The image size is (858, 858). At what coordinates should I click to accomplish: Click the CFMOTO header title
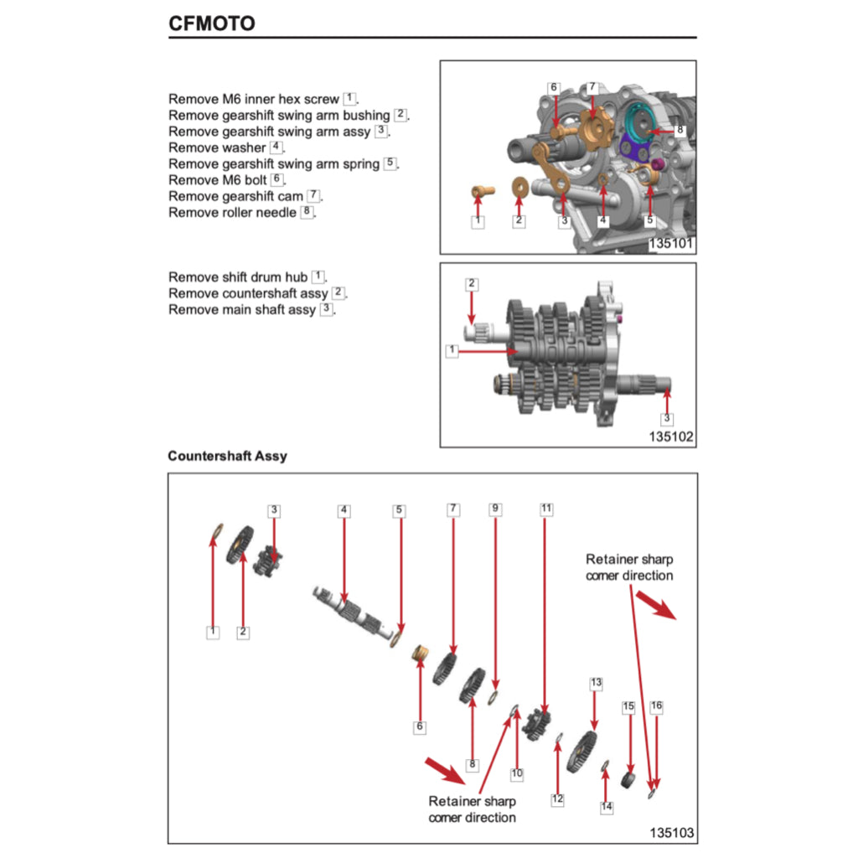click(212, 23)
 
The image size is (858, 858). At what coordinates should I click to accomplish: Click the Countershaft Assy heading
click(227, 457)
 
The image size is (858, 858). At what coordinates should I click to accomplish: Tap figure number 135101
click(670, 244)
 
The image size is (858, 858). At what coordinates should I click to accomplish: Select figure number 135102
click(670, 437)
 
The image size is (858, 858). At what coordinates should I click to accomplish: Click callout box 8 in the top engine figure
click(680, 130)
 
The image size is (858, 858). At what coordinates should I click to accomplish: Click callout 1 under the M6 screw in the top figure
click(477, 221)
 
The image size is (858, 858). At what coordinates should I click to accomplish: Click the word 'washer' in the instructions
click(245, 148)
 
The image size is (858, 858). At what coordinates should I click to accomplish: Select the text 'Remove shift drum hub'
click(238, 277)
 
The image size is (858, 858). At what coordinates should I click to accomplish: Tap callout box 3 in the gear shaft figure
click(667, 417)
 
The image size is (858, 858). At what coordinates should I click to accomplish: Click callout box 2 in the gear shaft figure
click(472, 284)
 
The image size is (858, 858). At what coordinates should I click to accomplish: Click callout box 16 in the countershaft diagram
click(656, 706)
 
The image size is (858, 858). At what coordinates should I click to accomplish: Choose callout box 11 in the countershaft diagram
click(546, 509)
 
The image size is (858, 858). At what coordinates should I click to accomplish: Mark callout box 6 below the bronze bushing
click(420, 726)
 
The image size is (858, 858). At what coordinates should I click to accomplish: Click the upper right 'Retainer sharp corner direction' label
click(628, 567)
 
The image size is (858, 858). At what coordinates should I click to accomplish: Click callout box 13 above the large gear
click(596, 683)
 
